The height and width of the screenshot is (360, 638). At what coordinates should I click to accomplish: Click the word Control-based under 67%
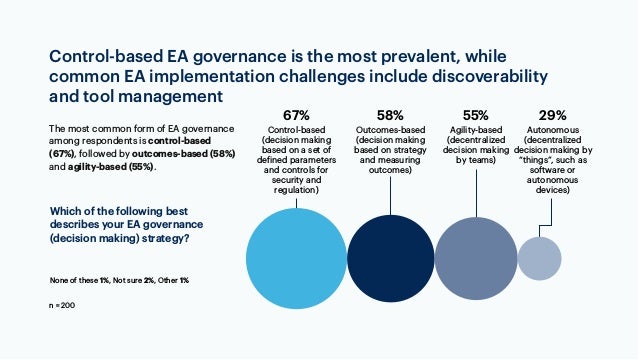pyautogui.click(x=296, y=131)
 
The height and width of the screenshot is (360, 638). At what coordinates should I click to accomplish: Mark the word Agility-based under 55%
pyautogui.click(x=474, y=131)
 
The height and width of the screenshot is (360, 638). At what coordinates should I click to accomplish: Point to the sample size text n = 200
pyautogui.click(x=62, y=303)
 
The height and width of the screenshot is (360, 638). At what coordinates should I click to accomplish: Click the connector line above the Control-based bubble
pyautogui.click(x=296, y=201)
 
